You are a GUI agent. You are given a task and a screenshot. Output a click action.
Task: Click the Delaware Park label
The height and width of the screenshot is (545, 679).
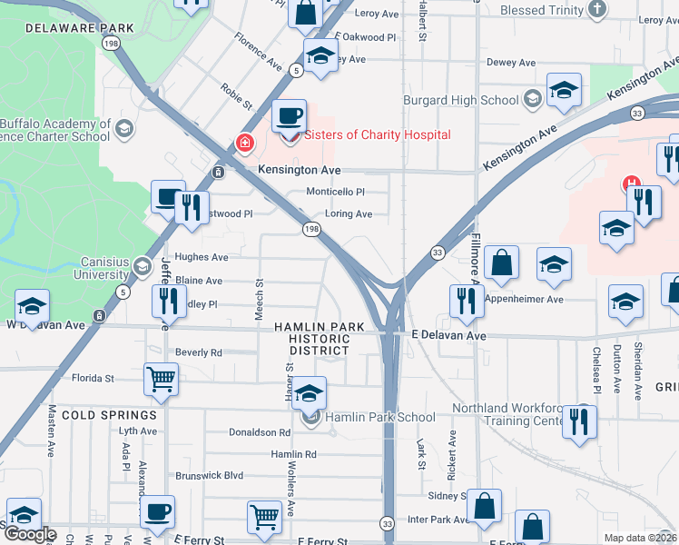pyautogui.click(x=80, y=28)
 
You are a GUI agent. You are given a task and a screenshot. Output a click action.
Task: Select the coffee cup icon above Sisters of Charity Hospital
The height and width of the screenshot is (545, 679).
pyautogui.click(x=289, y=116)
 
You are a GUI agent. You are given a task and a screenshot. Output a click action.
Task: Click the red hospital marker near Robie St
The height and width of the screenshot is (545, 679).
pyautogui.click(x=243, y=144)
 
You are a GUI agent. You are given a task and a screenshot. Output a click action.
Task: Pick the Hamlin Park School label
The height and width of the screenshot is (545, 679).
pyautogui.click(x=379, y=417)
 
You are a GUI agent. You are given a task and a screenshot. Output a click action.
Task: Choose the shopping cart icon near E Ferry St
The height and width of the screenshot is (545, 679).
pyautogui.click(x=264, y=516)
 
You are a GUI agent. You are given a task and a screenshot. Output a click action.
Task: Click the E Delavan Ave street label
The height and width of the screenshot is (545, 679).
pyautogui.click(x=448, y=336)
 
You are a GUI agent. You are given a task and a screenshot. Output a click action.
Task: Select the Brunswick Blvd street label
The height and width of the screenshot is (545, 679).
pyautogui.click(x=211, y=475)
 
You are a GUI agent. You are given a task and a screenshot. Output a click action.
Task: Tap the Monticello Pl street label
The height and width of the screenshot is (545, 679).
pyautogui.click(x=335, y=192)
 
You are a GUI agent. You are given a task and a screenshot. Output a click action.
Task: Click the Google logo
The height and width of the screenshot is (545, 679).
pyautogui.click(x=30, y=534)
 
